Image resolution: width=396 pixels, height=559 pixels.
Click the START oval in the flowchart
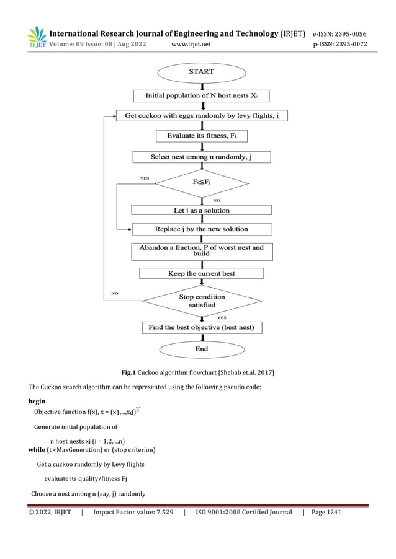point(201,72)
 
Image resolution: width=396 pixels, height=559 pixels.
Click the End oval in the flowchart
point(201,349)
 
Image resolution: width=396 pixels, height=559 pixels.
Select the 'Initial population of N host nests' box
point(201,96)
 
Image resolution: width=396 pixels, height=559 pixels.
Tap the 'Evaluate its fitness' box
point(201,136)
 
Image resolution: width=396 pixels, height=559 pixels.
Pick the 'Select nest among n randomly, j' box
point(201,157)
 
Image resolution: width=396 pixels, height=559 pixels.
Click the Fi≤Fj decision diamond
point(201,183)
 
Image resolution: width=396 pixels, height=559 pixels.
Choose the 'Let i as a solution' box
point(201,210)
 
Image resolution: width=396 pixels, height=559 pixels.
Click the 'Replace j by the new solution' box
point(201,229)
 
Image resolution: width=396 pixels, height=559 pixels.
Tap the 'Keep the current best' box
point(201,273)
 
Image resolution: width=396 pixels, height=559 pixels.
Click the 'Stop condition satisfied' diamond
point(201,301)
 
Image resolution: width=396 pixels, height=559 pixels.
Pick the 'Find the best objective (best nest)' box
point(201,327)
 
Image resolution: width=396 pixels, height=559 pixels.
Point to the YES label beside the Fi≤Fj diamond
point(145,178)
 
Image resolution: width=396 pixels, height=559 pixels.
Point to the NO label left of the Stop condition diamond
point(114,293)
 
